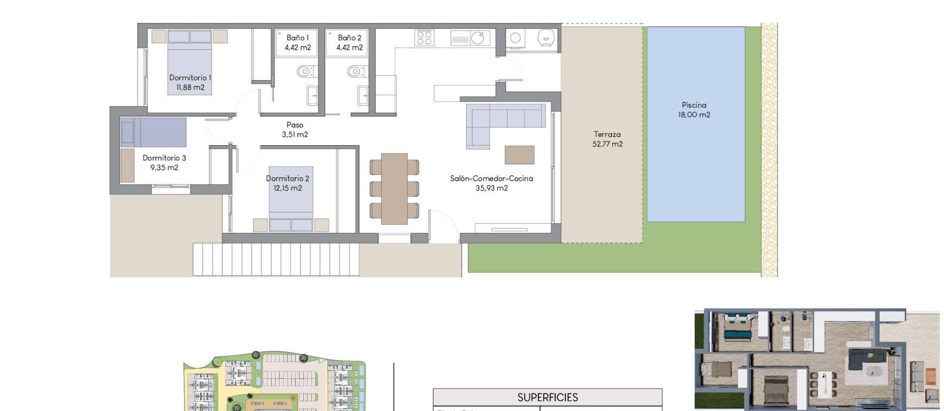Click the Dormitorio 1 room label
pyautogui.click(x=190, y=78)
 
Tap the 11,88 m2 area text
pyautogui.click(x=190, y=87)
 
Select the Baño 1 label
pyautogui.click(x=297, y=38)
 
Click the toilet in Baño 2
pyautogui.click(x=355, y=72)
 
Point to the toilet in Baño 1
pyautogui.click(x=304, y=72)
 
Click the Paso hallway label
pyautogui.click(x=295, y=125)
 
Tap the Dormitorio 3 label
pyautogui.click(x=164, y=158)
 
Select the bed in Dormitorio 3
pyautogui.click(x=154, y=132)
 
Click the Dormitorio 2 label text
pyautogui.click(x=288, y=178)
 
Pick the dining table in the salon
pyautogui.click(x=394, y=189)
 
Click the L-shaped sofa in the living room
pyautogui.click(x=501, y=120)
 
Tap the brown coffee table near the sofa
pyautogui.click(x=519, y=155)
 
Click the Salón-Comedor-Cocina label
pyautogui.click(x=492, y=178)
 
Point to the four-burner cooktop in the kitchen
pyautogui.click(x=424, y=38)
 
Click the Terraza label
pyautogui.click(x=607, y=134)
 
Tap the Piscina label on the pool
pyautogui.click(x=694, y=105)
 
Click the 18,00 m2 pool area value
pyautogui.click(x=694, y=115)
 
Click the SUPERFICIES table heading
pyautogui.click(x=547, y=397)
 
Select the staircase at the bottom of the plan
pyautogui.click(x=276, y=259)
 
